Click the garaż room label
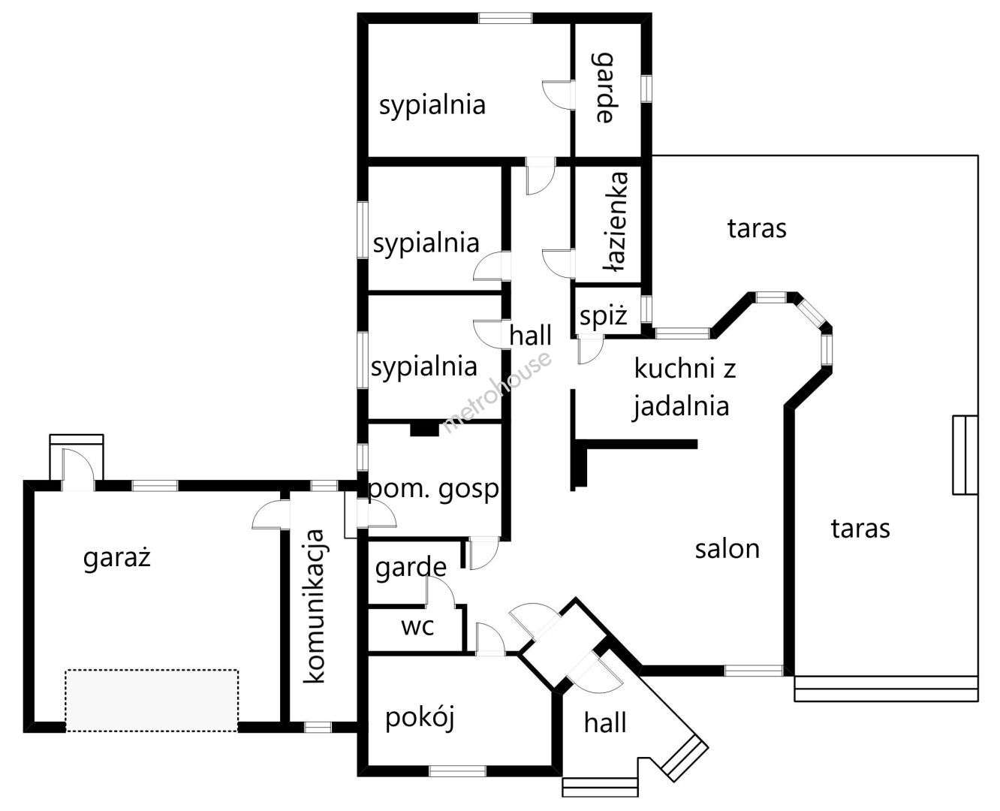click(117, 558)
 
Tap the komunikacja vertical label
click(315, 606)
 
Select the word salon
click(727, 549)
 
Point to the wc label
click(417, 626)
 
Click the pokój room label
click(420, 718)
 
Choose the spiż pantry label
click(603, 317)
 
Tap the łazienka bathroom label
click(617, 222)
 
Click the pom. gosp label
click(433, 490)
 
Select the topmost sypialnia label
click(432, 105)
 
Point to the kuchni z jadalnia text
click(682, 387)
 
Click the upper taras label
click(757, 228)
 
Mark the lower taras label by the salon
click(860, 529)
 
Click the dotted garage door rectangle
click(152, 700)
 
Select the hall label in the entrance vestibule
click(605, 723)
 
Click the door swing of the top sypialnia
click(556, 93)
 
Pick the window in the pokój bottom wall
click(457, 770)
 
